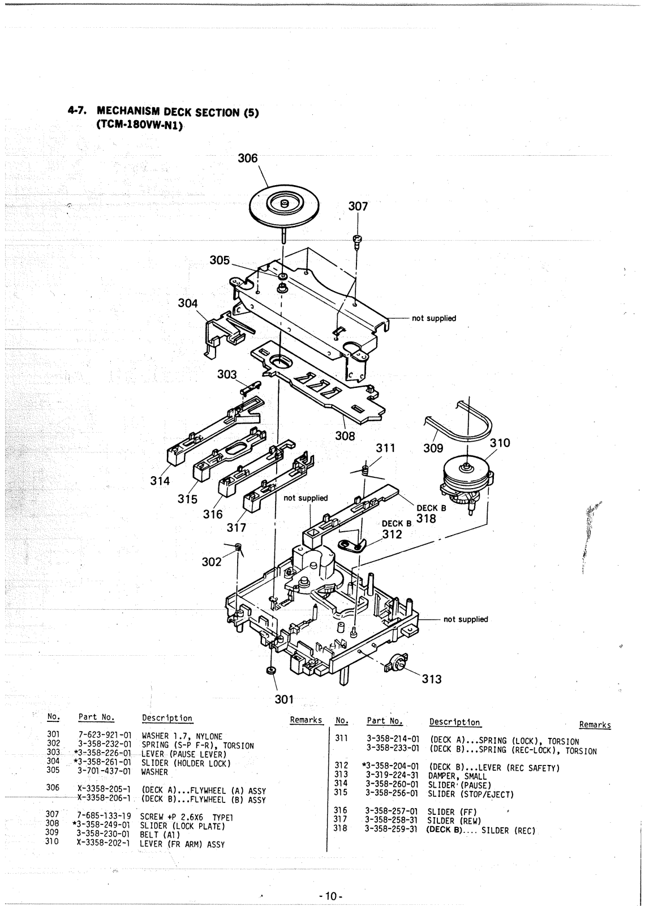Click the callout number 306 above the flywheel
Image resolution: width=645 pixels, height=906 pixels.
pos(247,159)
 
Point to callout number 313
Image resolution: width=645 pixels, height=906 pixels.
pos(432,679)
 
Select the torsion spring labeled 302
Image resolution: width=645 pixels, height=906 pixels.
pos(239,546)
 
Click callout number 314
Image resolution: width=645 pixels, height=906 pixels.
pos(160,481)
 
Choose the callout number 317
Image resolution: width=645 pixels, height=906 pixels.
pos(236,528)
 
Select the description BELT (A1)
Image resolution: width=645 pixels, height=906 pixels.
pos(160,834)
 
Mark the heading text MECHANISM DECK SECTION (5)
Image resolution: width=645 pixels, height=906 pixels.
pos(178,112)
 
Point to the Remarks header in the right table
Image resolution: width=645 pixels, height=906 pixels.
pos(595,725)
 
